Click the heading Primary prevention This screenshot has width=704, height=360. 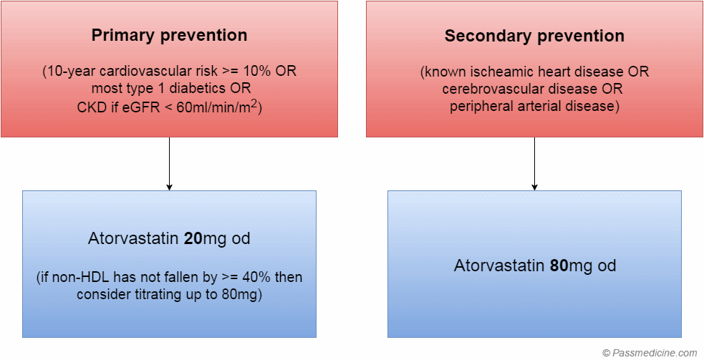(x=169, y=36)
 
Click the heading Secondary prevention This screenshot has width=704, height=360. (x=534, y=36)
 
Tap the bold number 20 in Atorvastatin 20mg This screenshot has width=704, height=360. (x=193, y=238)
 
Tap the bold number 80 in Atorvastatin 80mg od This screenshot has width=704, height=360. (x=559, y=266)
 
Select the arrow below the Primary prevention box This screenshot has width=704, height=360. (x=169, y=164)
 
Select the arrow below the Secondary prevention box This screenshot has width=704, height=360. (x=534, y=164)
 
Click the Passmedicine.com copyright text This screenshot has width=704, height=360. (x=650, y=353)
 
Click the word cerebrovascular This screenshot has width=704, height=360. (x=494, y=89)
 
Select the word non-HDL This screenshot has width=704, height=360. (x=72, y=278)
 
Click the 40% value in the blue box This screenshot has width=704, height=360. (x=256, y=278)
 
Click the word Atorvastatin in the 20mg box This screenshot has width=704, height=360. (x=134, y=238)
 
